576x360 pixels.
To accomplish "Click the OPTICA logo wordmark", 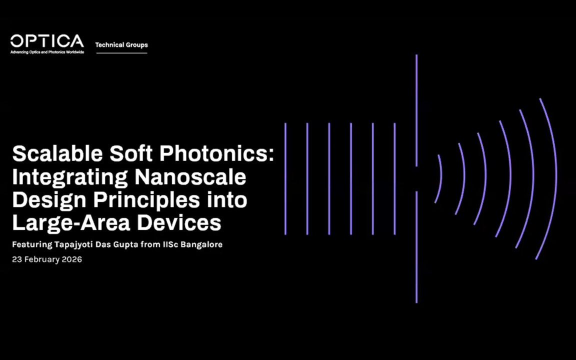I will (47, 41).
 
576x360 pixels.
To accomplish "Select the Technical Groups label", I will (121, 45).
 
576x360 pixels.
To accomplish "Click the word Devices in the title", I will (179, 223).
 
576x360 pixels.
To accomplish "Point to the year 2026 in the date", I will (72, 259).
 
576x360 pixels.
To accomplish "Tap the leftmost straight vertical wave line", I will (285, 178).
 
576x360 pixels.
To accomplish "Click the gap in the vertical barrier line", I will (416, 178).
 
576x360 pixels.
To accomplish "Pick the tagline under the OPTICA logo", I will (47, 52).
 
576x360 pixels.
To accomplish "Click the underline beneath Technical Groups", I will (121, 52).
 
